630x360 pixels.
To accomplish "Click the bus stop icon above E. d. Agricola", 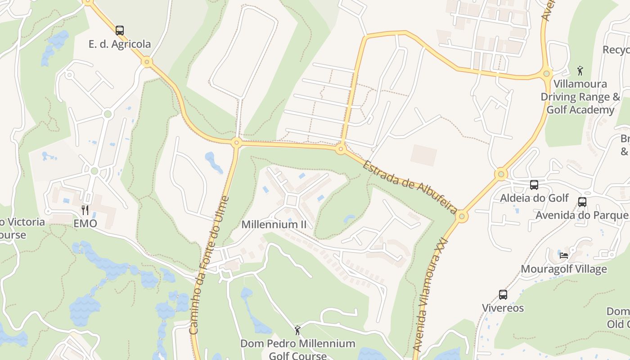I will click(x=119, y=31).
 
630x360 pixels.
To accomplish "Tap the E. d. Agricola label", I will click(x=119, y=44).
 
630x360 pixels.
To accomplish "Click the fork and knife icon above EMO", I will click(x=85, y=210).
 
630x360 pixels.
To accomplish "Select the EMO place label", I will click(x=85, y=223).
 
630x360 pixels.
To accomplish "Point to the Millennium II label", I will click(x=274, y=224).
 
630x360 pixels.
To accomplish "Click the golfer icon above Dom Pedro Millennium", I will click(x=297, y=331).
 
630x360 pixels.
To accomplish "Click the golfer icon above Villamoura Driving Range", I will click(x=580, y=71).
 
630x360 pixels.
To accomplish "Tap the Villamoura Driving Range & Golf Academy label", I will click(x=580, y=97).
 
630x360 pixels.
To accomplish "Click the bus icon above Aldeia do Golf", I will click(x=534, y=184).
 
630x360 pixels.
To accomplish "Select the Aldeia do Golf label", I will click(x=534, y=198).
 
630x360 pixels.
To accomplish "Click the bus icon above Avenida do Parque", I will click(x=582, y=202).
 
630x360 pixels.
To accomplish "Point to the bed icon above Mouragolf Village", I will click(x=563, y=256).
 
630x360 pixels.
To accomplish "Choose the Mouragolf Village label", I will click(x=563, y=269).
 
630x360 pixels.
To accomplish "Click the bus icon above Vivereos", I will click(x=503, y=295).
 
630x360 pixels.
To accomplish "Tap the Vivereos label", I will click(x=503, y=308).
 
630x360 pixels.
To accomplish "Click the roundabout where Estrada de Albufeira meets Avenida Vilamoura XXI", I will click(x=461, y=217).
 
